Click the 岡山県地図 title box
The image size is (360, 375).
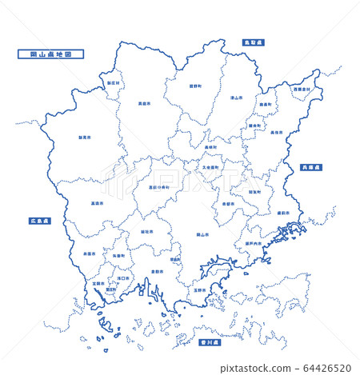pyautogui.click(x=50, y=54)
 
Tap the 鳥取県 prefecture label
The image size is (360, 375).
pyautogui.click(x=254, y=42)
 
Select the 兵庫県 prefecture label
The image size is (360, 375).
pyautogui.click(x=310, y=167)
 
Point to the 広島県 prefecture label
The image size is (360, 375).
pyautogui.click(x=40, y=220)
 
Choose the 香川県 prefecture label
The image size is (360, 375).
pyautogui.click(x=210, y=341)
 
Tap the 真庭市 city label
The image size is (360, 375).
pyautogui.click(x=144, y=104)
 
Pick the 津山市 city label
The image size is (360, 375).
pyautogui.click(x=236, y=98)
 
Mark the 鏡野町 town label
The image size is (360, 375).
pyautogui.click(x=194, y=86)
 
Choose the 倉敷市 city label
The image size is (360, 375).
pyautogui.click(x=157, y=271)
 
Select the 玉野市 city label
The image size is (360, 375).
pyautogui.click(x=199, y=289)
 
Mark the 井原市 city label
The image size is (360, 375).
pyautogui.click(x=89, y=253)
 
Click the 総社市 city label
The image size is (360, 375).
pyautogui.click(x=146, y=231)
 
